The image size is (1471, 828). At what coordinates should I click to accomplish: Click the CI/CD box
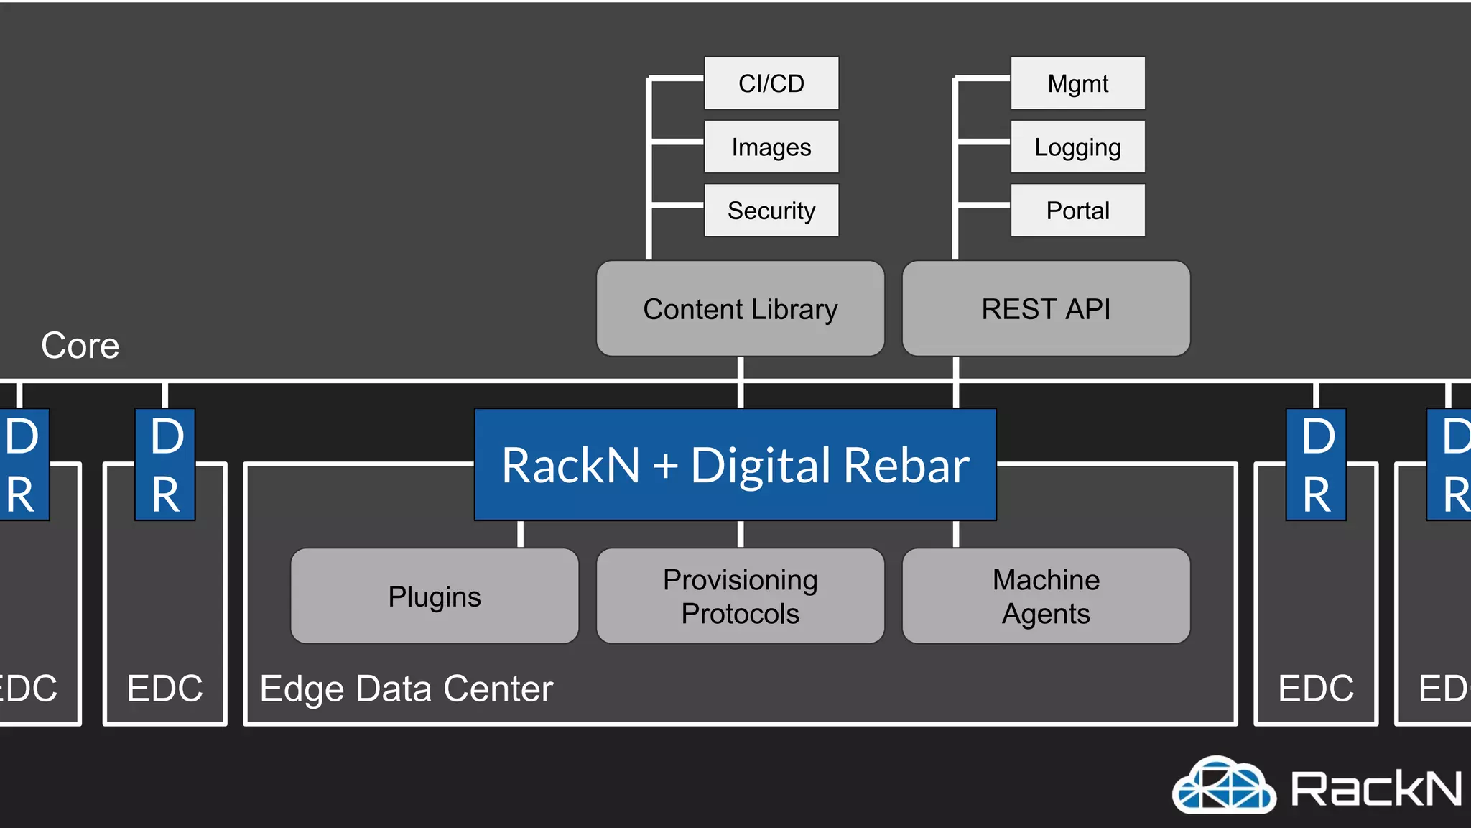[771, 83]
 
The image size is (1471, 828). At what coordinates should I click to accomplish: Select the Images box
[771, 147]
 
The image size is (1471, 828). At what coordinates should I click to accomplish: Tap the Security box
[771, 210]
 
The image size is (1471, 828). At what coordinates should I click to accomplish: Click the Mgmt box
[1077, 83]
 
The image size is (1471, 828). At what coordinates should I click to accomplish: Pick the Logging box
[1077, 147]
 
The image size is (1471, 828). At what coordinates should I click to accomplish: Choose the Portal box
[1077, 210]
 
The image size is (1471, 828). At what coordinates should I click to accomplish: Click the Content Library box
[740, 308]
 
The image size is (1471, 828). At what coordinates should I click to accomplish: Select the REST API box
[1046, 308]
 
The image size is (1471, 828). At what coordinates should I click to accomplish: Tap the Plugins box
[435, 596]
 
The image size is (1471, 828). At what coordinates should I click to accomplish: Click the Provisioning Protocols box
[740, 596]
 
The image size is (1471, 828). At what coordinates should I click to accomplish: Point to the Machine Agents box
[1046, 596]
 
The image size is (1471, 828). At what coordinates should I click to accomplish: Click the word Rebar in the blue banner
[906, 465]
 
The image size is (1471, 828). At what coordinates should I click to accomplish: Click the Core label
[80, 345]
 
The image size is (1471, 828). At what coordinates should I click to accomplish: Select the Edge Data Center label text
[406, 688]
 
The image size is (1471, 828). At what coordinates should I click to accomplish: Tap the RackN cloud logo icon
[1224, 786]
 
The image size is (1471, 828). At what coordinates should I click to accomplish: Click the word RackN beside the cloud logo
[1375, 788]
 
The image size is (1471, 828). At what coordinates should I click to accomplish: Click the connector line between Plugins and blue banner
[521, 534]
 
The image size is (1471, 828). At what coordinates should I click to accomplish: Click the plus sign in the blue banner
[665, 465]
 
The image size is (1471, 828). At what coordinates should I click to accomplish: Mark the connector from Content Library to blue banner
[741, 382]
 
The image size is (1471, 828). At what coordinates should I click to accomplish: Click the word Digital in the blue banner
[761, 465]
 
